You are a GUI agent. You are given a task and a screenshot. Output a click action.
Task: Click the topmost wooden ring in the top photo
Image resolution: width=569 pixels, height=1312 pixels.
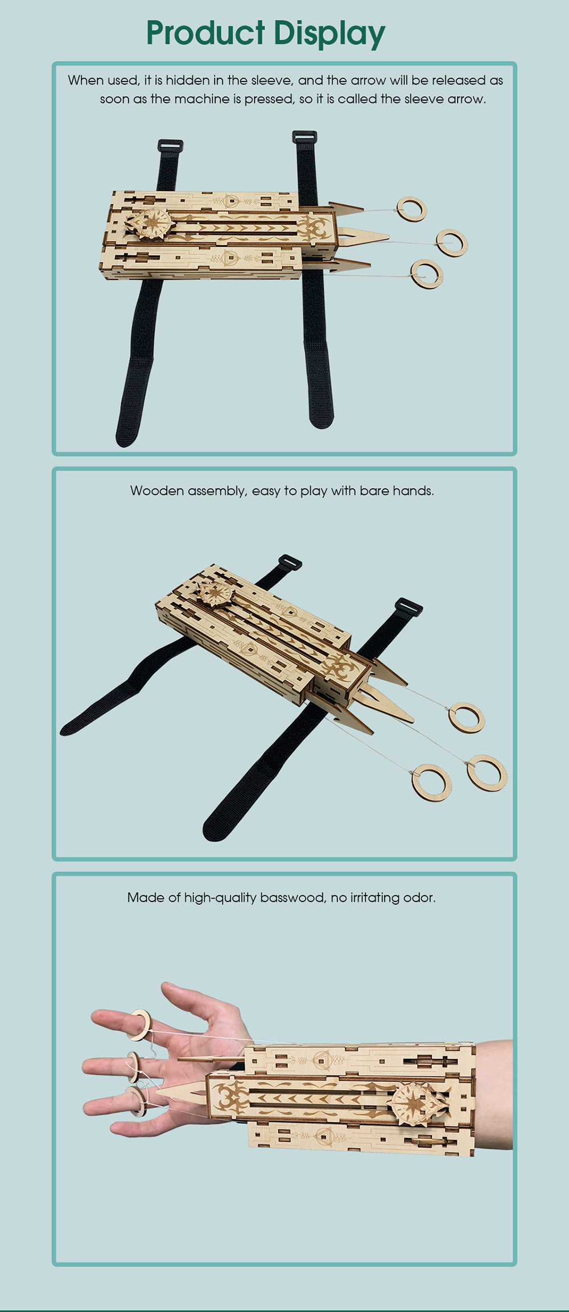(x=412, y=209)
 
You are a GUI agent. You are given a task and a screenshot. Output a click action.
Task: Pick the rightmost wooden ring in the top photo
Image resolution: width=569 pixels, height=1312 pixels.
(x=452, y=243)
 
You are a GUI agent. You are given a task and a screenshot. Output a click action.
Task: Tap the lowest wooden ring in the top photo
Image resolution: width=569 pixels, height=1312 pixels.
(x=427, y=274)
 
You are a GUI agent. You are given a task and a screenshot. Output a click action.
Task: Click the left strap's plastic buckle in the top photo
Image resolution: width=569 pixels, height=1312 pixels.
(x=170, y=146)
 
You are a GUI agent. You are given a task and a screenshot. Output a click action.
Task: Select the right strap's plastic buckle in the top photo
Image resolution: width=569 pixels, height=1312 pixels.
(x=304, y=137)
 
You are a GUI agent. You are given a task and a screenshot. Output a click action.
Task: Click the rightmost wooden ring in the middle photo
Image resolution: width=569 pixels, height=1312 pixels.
(x=486, y=773)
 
